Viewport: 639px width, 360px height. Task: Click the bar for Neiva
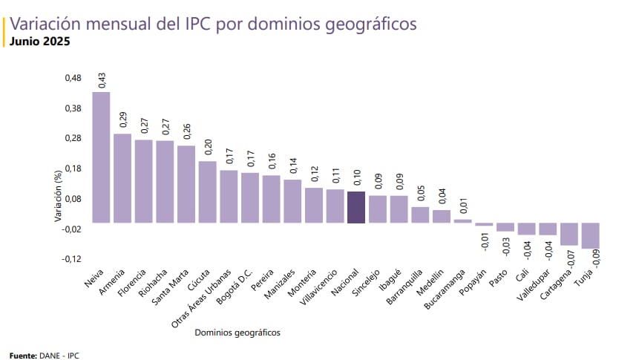101,157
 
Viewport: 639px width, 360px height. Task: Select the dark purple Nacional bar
356,207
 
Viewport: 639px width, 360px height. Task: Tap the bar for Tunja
591,235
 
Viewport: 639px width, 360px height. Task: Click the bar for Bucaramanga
462,220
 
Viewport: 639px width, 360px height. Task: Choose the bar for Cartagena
569,234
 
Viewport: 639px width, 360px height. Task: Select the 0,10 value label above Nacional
357,177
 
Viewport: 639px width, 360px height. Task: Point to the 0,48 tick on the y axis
71,78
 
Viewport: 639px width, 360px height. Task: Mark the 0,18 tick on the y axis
71,168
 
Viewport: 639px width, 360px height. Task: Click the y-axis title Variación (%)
57,197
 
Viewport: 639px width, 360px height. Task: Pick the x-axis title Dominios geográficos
237,333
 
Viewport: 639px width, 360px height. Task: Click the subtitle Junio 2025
40,42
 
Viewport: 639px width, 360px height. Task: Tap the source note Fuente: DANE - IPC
44,356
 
